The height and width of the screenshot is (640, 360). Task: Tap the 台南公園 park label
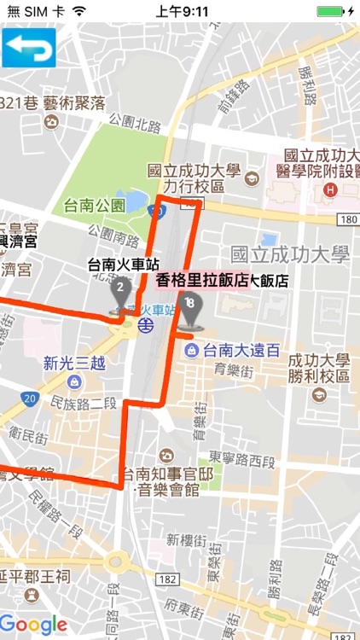94,205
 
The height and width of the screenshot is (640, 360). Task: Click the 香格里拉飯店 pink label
203,280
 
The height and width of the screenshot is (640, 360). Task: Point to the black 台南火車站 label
125,265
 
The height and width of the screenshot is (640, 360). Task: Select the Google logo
33,625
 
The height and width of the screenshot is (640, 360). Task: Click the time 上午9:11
183,12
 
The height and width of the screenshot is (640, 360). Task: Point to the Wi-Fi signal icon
78,12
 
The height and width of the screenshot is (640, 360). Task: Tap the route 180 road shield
346,220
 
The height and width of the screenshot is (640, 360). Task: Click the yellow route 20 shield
30,399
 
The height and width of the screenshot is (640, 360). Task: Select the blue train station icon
148,325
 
